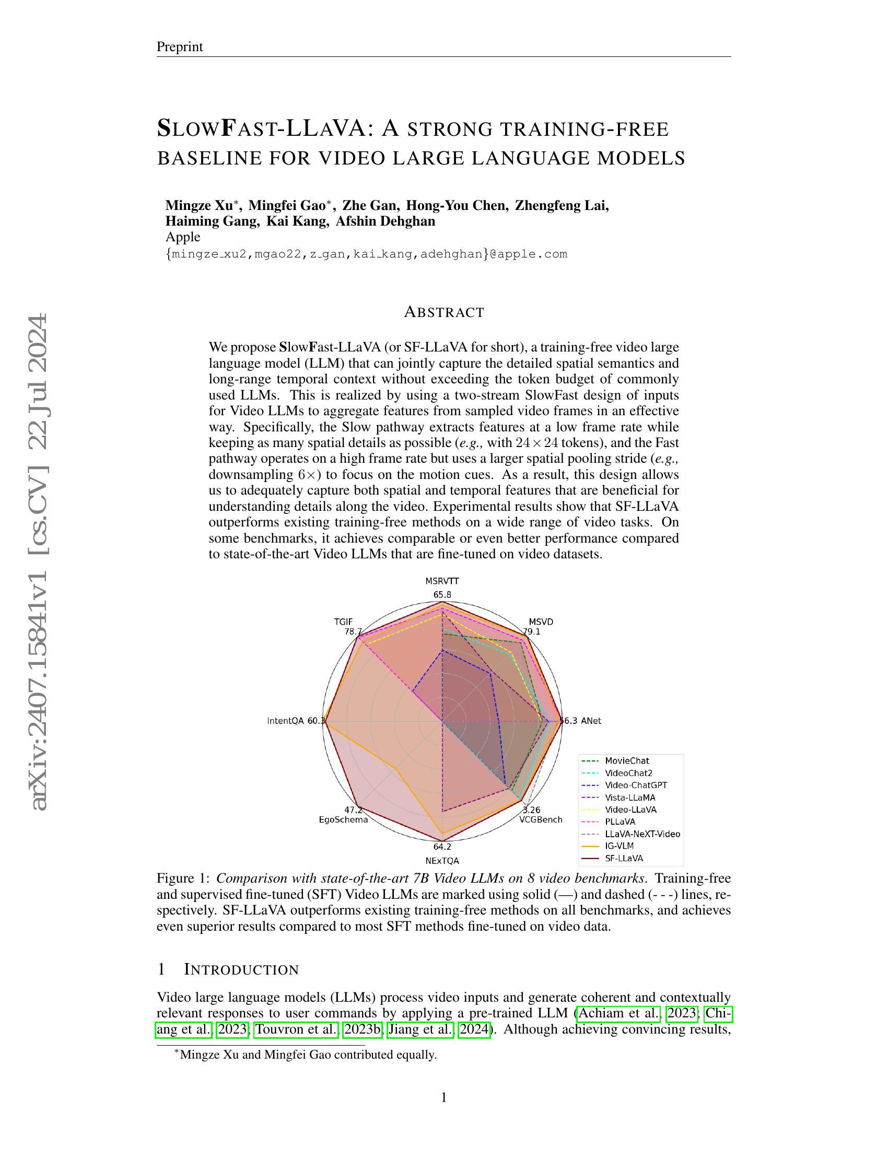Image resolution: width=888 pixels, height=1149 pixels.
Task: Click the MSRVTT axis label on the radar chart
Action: coord(442,581)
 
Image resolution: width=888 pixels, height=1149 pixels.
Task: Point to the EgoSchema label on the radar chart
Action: coord(344,819)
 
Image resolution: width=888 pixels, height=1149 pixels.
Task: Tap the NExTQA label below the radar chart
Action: coord(442,861)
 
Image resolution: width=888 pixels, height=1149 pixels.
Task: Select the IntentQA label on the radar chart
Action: coord(286,721)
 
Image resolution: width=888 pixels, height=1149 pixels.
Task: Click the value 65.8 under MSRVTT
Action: coord(442,595)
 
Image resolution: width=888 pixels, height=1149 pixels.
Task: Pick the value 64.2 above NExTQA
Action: coord(442,847)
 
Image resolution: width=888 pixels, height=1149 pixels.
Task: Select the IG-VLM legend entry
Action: coord(619,846)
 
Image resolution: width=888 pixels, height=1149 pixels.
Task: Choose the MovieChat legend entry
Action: coord(626,761)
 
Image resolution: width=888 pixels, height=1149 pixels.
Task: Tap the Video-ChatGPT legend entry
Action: coord(636,785)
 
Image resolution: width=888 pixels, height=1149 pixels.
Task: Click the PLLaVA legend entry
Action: coord(620,821)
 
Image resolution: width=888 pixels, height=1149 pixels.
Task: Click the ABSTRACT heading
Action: coord(444,312)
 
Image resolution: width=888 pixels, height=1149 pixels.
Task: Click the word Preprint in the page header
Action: coord(179,47)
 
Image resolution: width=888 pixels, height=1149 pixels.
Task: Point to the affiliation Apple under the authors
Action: coord(182,237)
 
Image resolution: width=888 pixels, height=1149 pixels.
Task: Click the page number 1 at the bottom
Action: coord(443,1097)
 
